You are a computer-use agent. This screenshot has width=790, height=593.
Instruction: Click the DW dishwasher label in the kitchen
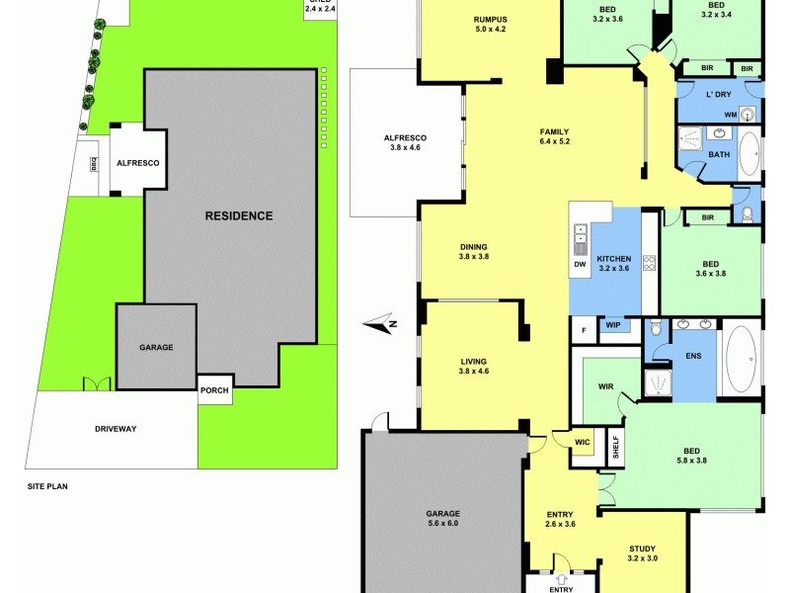pos(580,264)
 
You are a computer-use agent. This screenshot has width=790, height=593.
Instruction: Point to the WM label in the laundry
pos(731,115)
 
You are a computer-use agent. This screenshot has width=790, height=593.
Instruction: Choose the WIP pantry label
pos(612,325)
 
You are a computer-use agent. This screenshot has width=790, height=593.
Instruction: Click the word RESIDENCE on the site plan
pos(238,215)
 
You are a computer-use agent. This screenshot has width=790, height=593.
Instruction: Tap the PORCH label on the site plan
pos(214,390)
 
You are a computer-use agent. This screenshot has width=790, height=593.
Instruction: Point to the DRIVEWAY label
pos(116,429)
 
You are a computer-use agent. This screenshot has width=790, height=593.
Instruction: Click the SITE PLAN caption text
pos(48,486)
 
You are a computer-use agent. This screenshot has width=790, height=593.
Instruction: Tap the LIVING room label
pos(474,366)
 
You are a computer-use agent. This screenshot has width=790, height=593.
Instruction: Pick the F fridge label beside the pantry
pos(584,329)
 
